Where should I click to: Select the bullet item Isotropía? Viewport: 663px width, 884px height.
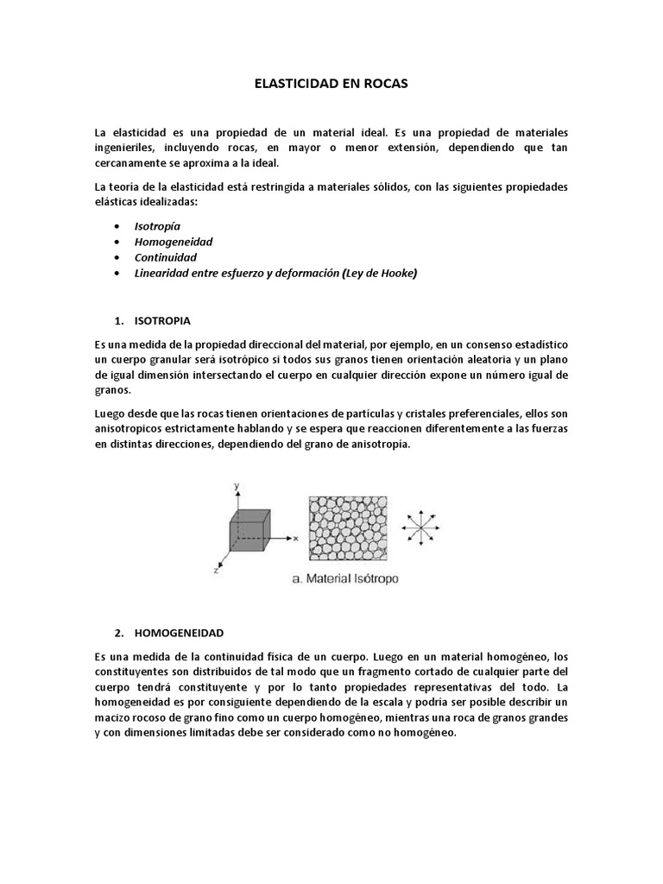(x=157, y=225)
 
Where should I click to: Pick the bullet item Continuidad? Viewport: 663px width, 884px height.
(x=165, y=257)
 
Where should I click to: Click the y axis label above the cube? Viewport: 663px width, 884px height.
(x=236, y=488)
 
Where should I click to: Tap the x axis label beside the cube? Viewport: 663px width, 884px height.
(x=295, y=537)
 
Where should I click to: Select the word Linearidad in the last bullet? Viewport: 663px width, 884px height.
(x=164, y=273)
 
